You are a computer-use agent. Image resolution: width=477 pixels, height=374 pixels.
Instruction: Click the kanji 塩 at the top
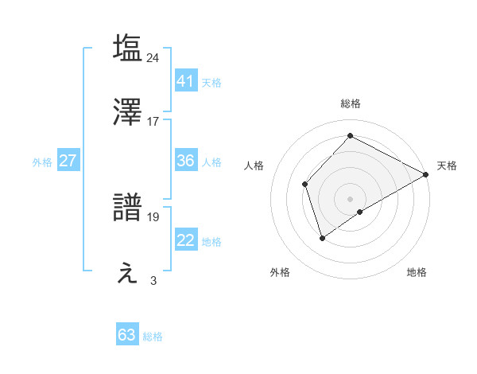point(128,48)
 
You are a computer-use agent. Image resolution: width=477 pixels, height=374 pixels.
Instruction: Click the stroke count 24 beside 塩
point(153,57)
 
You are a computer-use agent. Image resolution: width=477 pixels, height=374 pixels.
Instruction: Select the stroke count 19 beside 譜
point(153,216)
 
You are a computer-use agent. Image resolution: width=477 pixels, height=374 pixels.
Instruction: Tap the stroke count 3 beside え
point(153,280)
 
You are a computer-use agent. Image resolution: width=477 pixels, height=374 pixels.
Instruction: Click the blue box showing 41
point(185,80)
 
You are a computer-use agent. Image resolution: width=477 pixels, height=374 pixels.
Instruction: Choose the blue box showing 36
point(185,161)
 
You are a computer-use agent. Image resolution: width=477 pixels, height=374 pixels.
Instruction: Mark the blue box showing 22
point(185,240)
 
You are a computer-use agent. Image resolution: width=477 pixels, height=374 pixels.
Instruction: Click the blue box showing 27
point(68,161)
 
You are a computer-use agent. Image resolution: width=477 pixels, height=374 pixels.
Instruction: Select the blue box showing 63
point(127,335)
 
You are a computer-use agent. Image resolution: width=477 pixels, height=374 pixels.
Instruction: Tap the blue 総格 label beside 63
point(153,337)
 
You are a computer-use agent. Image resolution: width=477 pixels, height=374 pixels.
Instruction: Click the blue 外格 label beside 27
point(42,162)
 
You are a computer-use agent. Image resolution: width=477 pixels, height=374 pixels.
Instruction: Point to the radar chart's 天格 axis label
point(447,166)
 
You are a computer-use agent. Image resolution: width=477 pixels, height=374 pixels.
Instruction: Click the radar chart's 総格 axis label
point(351,103)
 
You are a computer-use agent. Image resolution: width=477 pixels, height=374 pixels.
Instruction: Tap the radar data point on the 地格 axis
point(360,212)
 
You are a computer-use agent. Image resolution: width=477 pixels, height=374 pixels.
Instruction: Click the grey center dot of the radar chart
point(351,198)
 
